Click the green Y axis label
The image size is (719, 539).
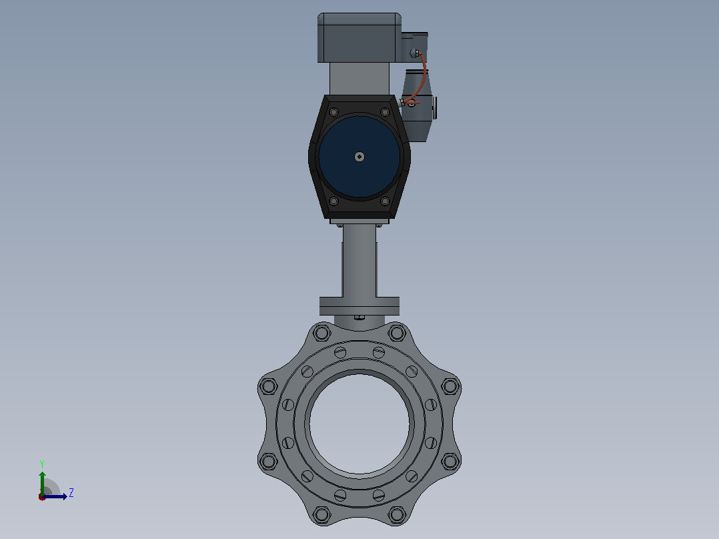pos(42,464)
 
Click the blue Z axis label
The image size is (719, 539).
pos(71,493)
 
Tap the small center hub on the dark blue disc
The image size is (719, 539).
pos(359,157)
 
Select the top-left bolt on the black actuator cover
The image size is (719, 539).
pos(333,112)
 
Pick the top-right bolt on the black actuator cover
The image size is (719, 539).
pos(386,112)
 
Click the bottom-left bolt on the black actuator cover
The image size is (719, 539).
pos(333,201)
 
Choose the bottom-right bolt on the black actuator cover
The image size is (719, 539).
pos(386,201)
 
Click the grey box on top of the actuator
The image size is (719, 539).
pos(359,37)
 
